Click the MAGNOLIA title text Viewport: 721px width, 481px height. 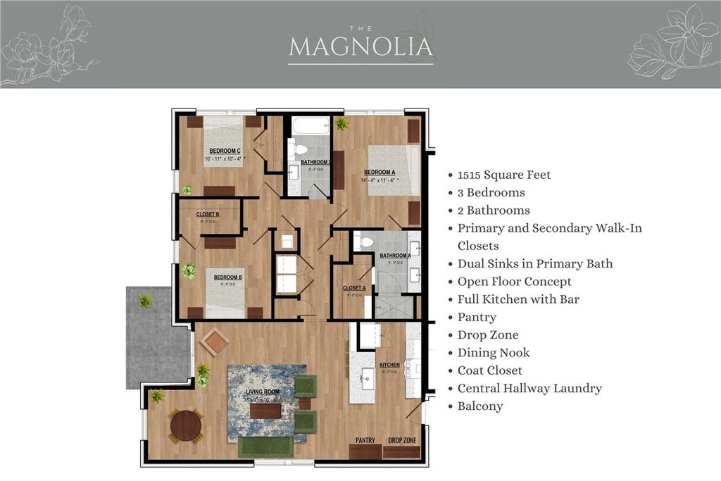360,46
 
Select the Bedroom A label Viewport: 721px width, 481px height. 379,172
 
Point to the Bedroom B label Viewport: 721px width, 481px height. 227,277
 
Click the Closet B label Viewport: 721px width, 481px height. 208,214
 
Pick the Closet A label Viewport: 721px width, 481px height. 354,288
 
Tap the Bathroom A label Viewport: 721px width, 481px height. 394,256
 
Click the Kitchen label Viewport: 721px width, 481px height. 389,366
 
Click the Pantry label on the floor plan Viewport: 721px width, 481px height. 365,440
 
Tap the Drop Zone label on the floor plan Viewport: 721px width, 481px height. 402,440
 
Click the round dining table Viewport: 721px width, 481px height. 186,425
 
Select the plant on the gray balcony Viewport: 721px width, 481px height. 145,301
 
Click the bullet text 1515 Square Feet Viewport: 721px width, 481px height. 504,175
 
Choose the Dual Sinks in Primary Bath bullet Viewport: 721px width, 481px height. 534,263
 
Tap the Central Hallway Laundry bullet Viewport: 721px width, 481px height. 529,388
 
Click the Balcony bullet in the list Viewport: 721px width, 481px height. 480,406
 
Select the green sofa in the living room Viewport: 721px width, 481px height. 265,446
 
